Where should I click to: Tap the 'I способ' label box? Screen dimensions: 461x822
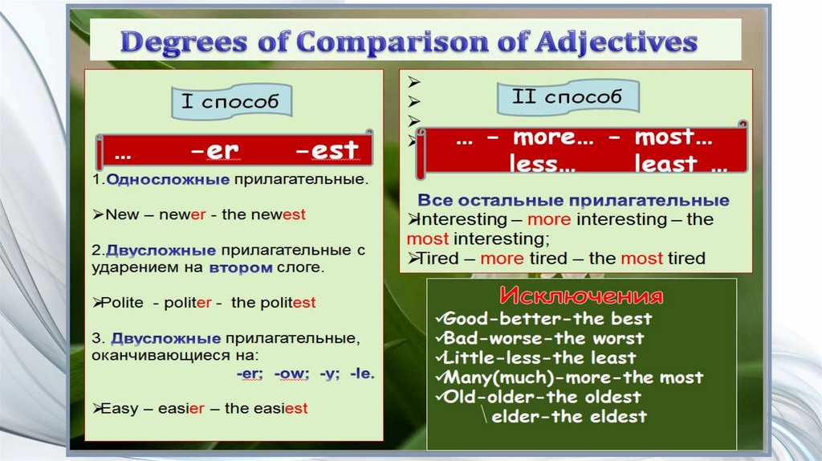[x=230, y=101]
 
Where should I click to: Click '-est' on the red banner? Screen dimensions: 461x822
[x=327, y=150]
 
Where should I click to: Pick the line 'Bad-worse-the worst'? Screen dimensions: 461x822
[x=543, y=338]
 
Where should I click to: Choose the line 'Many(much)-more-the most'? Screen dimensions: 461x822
[x=572, y=377]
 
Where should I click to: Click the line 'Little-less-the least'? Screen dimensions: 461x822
[x=539, y=357]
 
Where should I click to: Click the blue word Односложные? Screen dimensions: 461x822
[x=168, y=180]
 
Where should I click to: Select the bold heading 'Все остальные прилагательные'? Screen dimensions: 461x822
[x=573, y=201]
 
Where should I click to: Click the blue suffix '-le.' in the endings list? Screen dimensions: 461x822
[x=362, y=374]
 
